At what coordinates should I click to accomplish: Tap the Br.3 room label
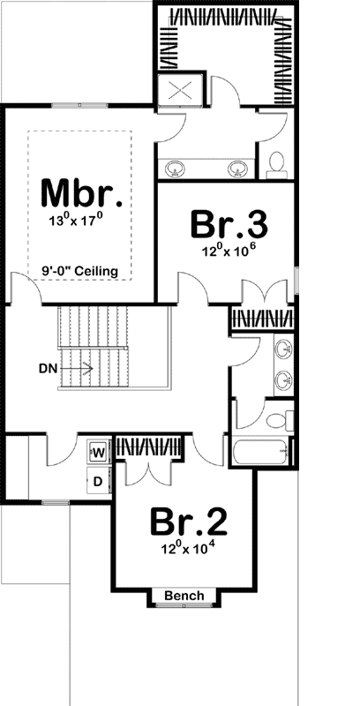tap(229, 224)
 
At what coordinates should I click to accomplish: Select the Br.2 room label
tap(187, 522)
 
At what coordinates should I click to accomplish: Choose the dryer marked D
tap(98, 481)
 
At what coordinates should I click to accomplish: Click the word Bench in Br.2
tap(184, 597)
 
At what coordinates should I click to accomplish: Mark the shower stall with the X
tap(180, 90)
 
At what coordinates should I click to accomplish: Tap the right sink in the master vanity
tap(236, 167)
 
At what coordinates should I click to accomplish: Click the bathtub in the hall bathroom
tap(261, 452)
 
